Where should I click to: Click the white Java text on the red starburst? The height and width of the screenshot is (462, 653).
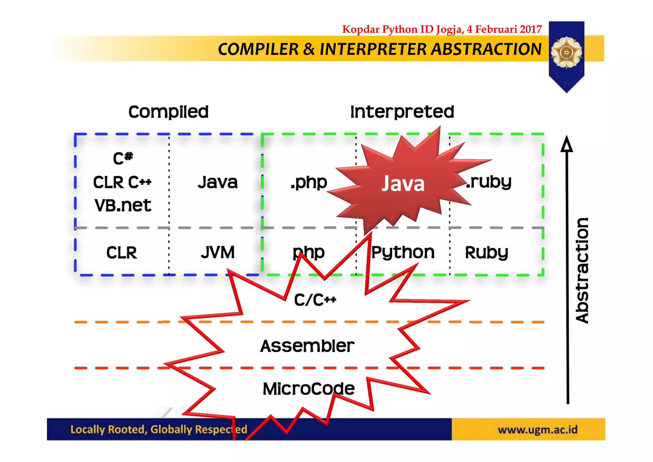[403, 184]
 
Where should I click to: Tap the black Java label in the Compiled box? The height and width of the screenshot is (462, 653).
[218, 183]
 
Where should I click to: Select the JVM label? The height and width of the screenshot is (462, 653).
[218, 252]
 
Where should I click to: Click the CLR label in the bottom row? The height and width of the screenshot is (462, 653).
[121, 253]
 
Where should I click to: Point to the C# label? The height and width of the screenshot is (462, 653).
[123, 158]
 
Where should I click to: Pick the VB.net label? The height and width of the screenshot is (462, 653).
[123, 205]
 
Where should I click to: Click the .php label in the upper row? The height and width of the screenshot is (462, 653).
[309, 183]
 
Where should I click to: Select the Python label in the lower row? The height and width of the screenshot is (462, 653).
[403, 253]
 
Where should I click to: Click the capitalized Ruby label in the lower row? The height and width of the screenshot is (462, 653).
[486, 253]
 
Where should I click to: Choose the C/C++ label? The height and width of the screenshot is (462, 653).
[315, 300]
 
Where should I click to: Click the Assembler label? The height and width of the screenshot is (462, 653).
[307, 346]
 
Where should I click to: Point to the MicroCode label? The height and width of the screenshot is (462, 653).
[309, 389]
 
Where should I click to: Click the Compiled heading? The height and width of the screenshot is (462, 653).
[168, 112]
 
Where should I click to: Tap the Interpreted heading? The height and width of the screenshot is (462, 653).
[402, 112]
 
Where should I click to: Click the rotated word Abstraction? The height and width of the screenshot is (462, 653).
[582, 271]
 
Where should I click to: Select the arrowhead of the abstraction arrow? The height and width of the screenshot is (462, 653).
[567, 144]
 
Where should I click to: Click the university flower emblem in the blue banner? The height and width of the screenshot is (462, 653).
[566, 52]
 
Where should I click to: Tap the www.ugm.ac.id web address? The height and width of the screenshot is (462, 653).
[538, 429]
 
